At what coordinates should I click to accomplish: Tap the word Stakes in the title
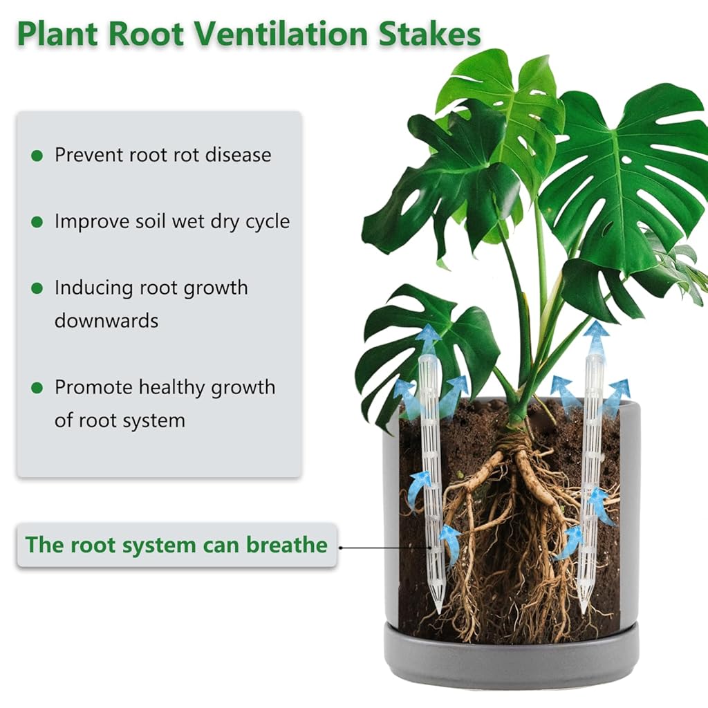point(429,35)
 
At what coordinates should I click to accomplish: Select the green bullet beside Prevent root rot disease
point(37,156)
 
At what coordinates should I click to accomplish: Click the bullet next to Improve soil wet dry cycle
point(37,222)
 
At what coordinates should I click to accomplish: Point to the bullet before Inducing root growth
point(37,288)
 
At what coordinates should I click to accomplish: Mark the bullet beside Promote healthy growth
point(37,387)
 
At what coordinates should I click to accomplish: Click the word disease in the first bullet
point(239,155)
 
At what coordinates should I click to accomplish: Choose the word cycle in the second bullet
point(268,222)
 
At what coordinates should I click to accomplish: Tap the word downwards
point(106,321)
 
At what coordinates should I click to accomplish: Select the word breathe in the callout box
point(287,545)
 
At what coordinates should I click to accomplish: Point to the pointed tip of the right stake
point(584,613)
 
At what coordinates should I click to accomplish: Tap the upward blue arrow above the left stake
point(427,339)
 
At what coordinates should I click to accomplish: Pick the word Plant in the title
point(57,35)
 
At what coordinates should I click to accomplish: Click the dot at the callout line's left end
point(340,548)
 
